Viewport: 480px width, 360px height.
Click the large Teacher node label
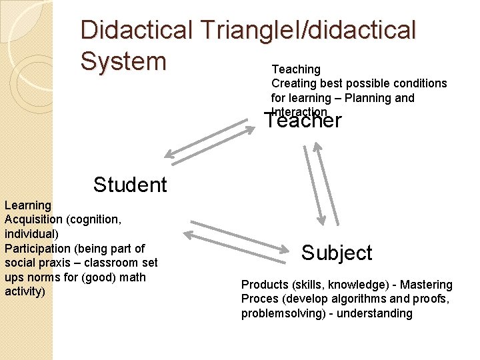pos(303,121)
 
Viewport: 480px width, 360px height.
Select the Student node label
pos(130,185)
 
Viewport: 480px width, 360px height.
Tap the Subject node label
pos(337,253)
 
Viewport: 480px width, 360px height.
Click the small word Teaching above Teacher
pos(296,69)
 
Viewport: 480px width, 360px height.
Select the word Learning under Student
pos(28,205)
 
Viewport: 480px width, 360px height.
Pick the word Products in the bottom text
pos(265,285)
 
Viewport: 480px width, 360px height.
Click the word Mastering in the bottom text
pos(426,285)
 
